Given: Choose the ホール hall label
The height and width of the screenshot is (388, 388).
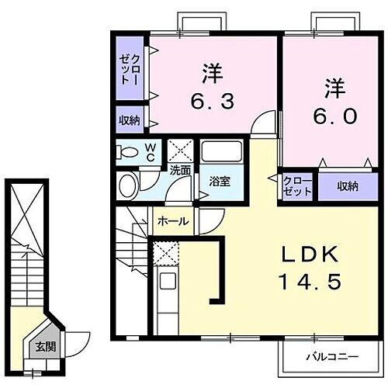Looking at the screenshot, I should click(x=172, y=221).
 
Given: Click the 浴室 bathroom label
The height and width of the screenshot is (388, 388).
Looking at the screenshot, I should click(x=219, y=182).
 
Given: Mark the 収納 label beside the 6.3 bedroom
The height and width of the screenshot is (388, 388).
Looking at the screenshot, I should click(x=130, y=120).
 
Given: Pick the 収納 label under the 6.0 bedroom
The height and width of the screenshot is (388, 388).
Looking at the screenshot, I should click(x=348, y=186).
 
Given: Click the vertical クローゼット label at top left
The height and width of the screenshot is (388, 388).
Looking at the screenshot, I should click(x=130, y=69).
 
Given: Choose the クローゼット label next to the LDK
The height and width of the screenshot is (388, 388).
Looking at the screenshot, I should click(x=297, y=186).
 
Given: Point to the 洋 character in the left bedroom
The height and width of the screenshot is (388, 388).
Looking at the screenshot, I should click(x=212, y=74).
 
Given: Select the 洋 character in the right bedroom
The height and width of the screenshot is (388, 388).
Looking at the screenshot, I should click(x=334, y=88).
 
